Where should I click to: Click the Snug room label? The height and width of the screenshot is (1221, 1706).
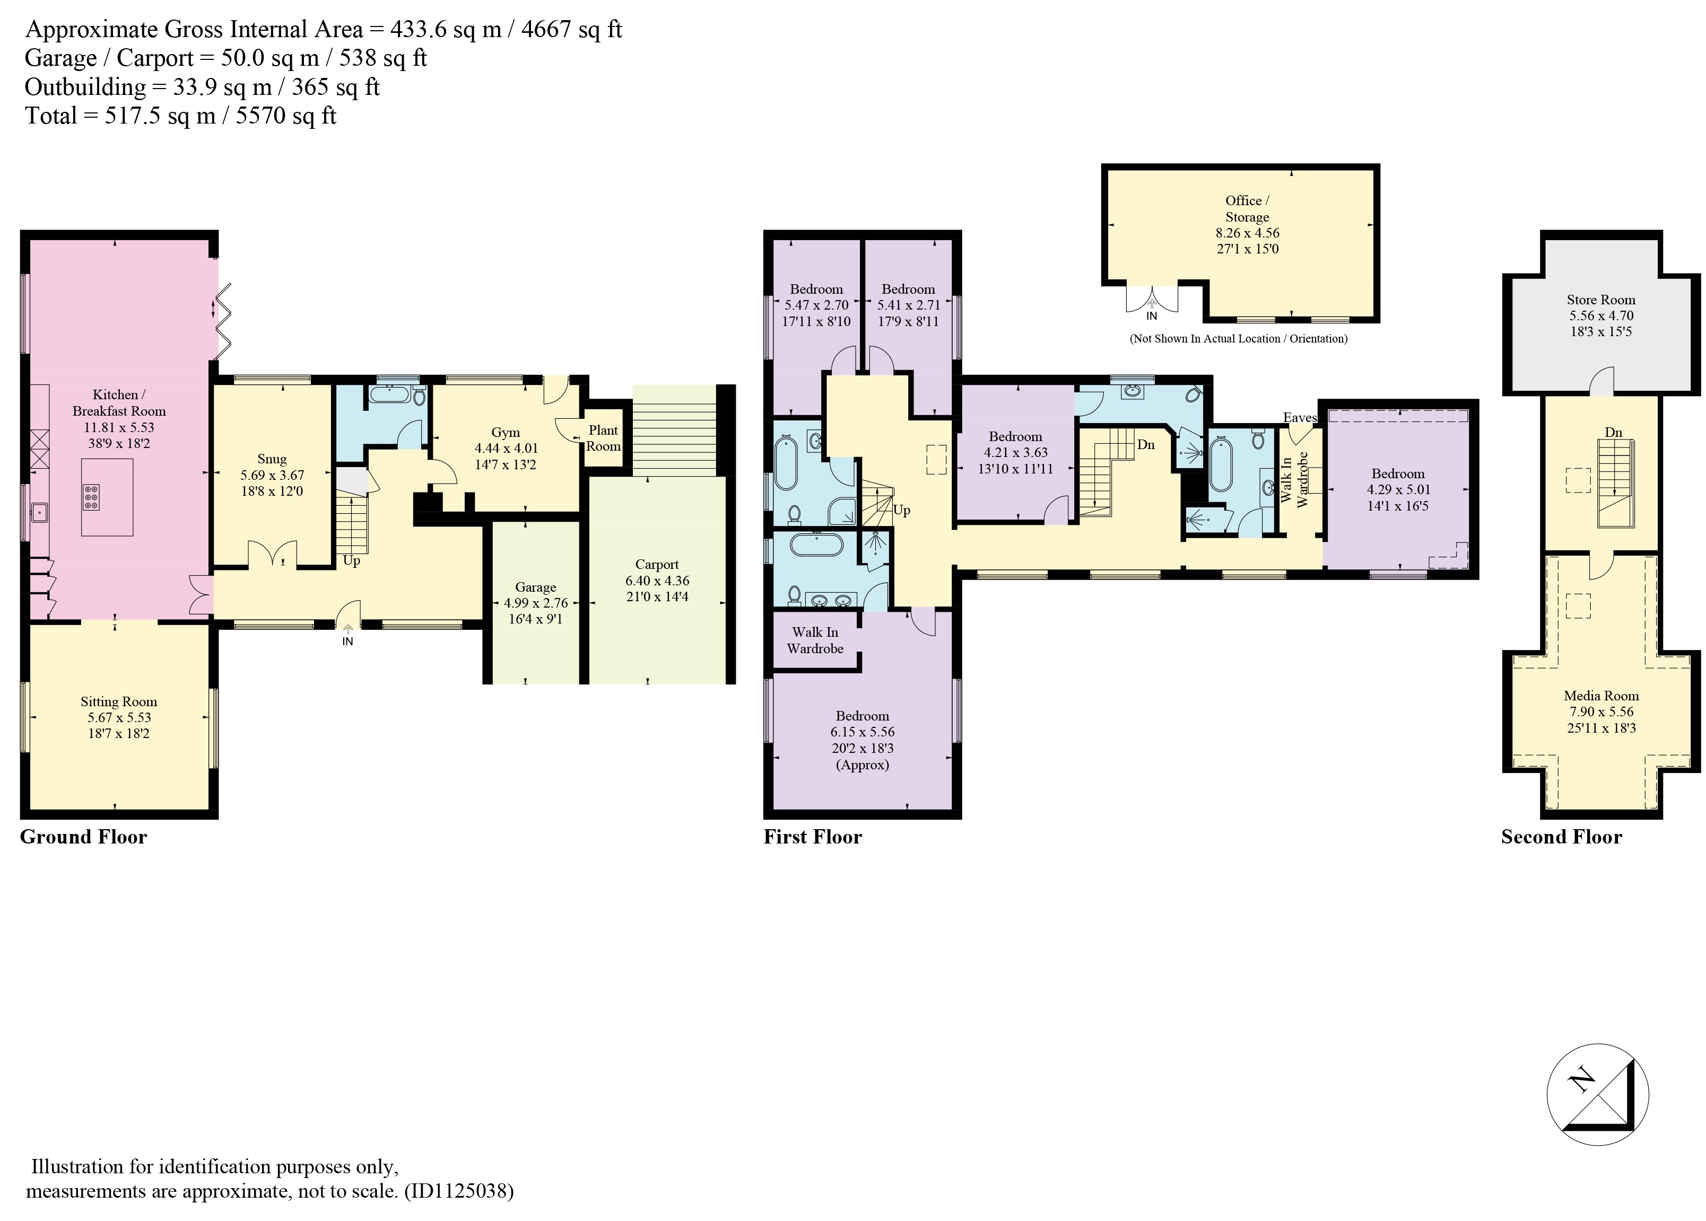click(272, 459)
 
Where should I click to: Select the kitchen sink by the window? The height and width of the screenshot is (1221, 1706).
click(39, 514)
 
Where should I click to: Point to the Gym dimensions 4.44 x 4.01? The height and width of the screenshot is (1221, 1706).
click(506, 448)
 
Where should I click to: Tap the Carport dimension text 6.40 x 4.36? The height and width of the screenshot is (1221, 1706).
click(657, 581)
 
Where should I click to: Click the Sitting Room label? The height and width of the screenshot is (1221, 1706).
click(119, 701)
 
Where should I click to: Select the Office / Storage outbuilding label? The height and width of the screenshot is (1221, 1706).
click(1247, 209)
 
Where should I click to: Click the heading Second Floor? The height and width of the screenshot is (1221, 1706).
click(1562, 837)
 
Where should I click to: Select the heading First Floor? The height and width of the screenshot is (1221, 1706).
click(812, 837)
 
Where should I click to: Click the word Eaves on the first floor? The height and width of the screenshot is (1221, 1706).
click(1300, 418)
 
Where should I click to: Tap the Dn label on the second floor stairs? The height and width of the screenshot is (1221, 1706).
click(1614, 432)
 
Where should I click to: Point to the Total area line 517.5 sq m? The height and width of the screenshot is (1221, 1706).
click(180, 116)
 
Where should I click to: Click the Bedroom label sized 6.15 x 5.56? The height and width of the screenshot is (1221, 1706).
click(862, 716)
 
